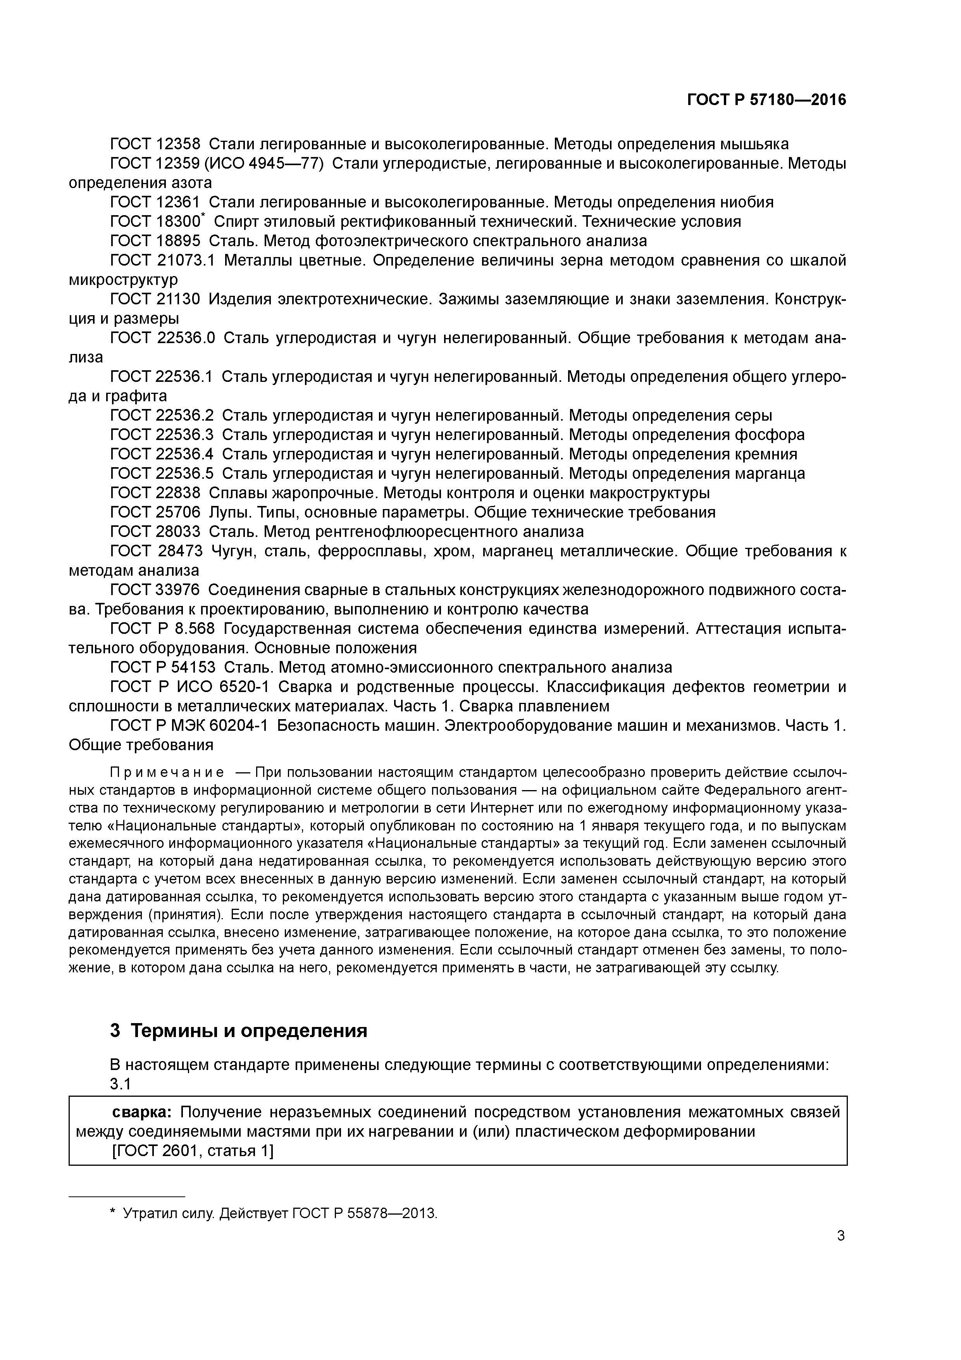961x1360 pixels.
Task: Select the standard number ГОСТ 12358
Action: pyautogui.click(x=155, y=144)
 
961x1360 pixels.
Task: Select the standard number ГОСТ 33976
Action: pyautogui.click(x=155, y=589)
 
